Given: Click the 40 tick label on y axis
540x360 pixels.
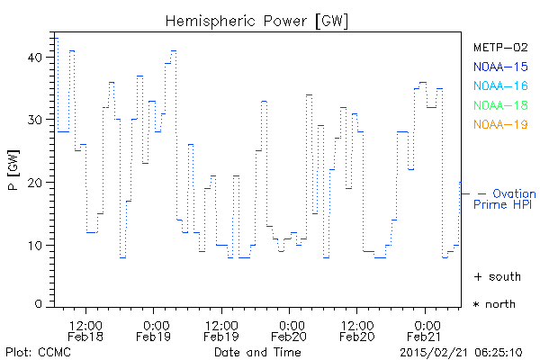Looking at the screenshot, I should (34, 57).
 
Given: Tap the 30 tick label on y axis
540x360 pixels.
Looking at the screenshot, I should (34, 120).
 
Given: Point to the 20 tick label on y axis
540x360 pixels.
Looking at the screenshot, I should (34, 183).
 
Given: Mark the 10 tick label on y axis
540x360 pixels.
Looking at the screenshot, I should (34, 245).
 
